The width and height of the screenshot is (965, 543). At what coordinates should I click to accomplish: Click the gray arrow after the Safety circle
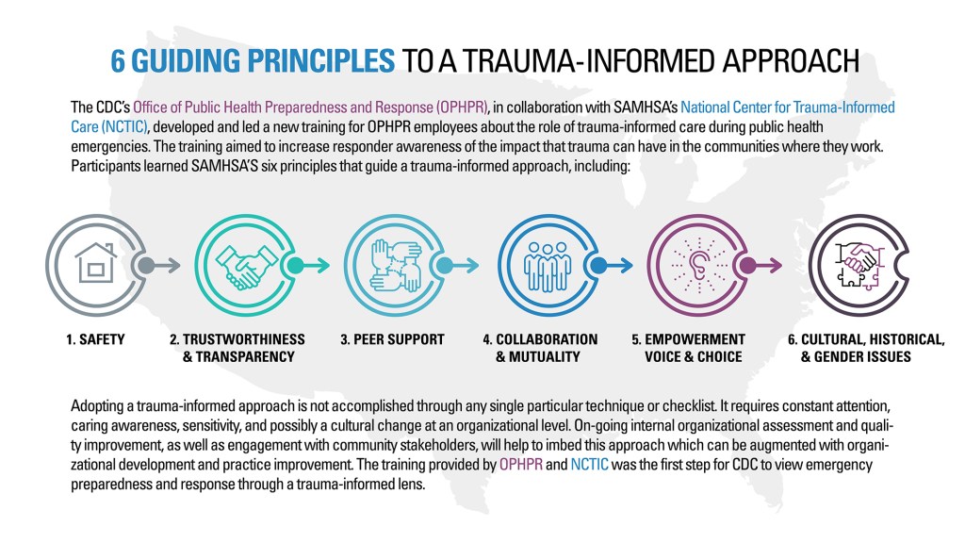pyautogui.click(x=161, y=266)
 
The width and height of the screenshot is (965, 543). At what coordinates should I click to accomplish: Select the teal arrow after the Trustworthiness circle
pyautogui.click(x=311, y=266)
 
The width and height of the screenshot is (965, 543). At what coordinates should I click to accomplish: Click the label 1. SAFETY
pyautogui.click(x=95, y=339)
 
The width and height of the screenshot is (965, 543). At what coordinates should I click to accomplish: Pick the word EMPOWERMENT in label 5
pyautogui.click(x=696, y=339)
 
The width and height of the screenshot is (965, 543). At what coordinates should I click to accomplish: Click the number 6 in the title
pyautogui.click(x=120, y=60)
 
